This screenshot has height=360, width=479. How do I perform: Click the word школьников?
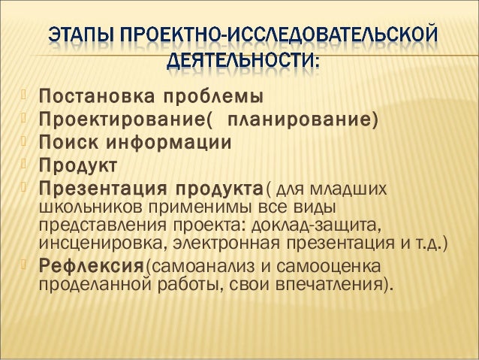point(82,207)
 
